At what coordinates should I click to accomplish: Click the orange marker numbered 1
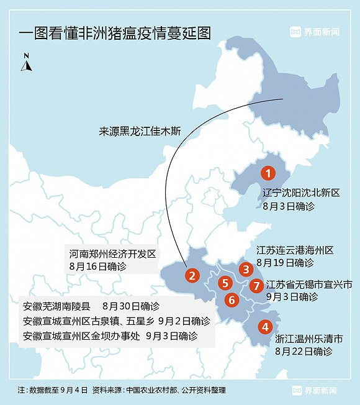point(268,173)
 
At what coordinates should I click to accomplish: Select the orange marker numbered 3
point(246,269)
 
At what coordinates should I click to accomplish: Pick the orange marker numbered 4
point(265,327)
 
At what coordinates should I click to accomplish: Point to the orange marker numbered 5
point(225,283)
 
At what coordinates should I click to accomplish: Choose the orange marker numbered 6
point(232,300)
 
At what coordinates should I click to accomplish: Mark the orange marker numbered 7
point(256,286)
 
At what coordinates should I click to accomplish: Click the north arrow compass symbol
point(26,62)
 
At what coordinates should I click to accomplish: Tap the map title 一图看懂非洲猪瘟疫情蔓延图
point(115,33)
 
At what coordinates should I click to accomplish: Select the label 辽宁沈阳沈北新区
point(302,193)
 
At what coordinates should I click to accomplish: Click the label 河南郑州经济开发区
point(112,254)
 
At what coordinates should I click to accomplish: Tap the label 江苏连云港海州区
point(295,250)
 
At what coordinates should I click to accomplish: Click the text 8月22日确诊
point(304,351)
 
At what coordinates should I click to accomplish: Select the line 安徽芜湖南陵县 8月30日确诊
point(91,306)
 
